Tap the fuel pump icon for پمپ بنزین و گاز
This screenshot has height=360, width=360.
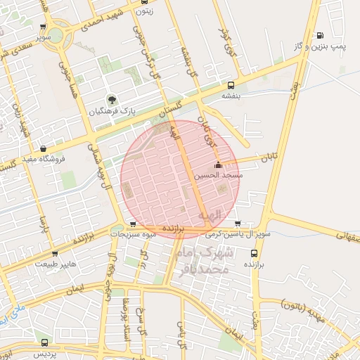coord(320,35)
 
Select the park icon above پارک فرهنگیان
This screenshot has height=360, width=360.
coord(110,99)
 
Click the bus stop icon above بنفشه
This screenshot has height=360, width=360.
coord(229,83)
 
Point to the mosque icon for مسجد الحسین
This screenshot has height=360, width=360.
coord(218,165)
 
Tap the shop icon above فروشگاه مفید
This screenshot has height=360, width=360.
coord(44,148)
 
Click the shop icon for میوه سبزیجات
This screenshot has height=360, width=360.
coord(133,224)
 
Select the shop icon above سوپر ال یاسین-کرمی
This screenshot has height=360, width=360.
coord(237,223)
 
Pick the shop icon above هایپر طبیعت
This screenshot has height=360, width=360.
coord(55,253)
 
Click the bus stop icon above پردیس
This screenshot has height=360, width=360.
coord(45,342)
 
